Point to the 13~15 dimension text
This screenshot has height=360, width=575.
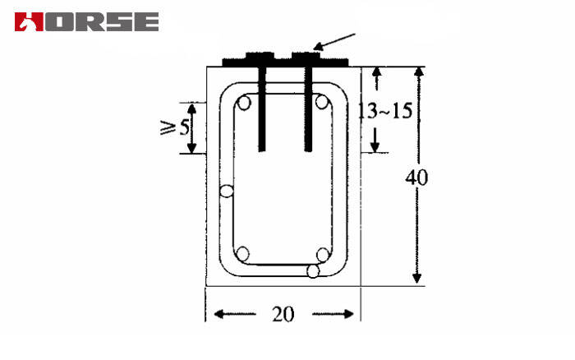384,110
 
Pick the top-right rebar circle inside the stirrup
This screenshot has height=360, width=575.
323,104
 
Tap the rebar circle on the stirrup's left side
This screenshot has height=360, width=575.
226,192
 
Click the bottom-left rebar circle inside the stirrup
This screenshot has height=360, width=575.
243,253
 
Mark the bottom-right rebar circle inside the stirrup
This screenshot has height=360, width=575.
323,254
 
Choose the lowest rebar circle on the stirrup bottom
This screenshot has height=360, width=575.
312,271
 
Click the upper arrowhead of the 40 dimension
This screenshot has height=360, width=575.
417,74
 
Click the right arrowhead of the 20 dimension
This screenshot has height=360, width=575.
352,314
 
